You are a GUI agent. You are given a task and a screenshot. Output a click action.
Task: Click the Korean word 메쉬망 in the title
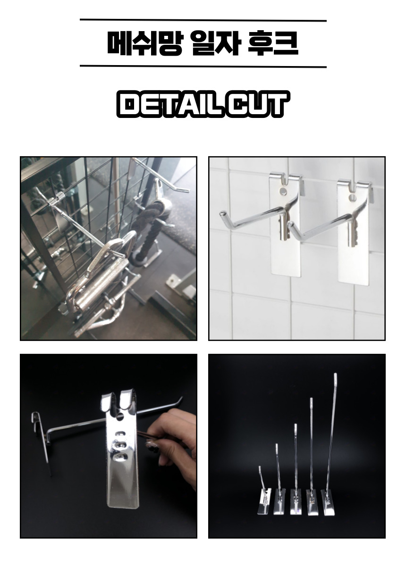click(x=144, y=43)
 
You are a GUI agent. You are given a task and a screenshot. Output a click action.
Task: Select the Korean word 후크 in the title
click(x=273, y=43)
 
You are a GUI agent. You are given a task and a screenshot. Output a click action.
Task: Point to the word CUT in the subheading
click(x=257, y=104)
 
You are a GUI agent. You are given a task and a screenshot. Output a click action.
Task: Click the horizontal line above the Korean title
click(x=203, y=20)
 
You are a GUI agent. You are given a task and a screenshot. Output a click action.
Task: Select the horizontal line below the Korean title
click(x=203, y=67)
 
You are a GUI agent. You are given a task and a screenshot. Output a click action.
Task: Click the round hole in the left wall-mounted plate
click(x=283, y=191)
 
